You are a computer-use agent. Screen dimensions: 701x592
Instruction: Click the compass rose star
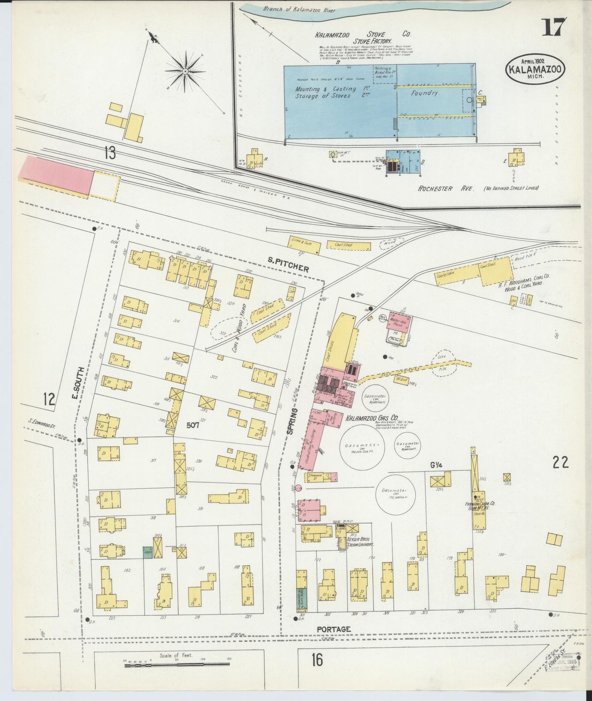pyautogui.click(x=185, y=71)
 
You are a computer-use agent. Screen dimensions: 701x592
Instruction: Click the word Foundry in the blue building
pyautogui.click(x=425, y=93)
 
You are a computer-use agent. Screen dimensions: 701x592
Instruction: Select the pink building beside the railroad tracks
pyautogui.click(x=56, y=175)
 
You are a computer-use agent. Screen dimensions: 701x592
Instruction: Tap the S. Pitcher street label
pyautogui.click(x=288, y=264)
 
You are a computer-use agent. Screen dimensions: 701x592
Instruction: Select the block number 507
pyautogui.click(x=193, y=425)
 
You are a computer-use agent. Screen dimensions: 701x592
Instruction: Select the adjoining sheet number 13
pyautogui.click(x=110, y=153)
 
